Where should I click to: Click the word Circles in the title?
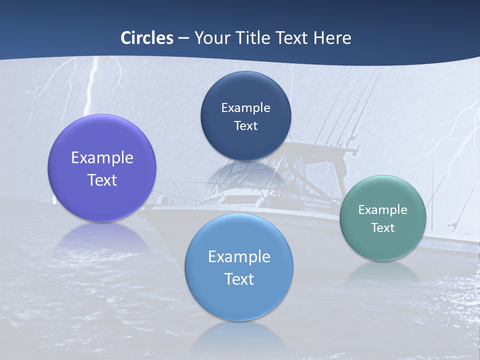pyautogui.click(x=147, y=38)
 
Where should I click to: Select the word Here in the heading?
pyautogui.click(x=332, y=38)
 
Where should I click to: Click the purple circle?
pyautogui.click(x=102, y=200)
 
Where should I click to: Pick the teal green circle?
pyautogui.click(x=383, y=245)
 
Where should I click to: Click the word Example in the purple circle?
pyautogui.click(x=102, y=158)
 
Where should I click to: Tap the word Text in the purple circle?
pyautogui.click(x=102, y=180)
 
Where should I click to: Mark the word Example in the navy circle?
pyautogui.click(x=245, y=108)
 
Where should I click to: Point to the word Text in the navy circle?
pyautogui.click(x=245, y=126)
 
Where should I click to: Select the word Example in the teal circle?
pyautogui.click(x=383, y=210)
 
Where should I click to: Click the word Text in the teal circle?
pyautogui.click(x=383, y=228)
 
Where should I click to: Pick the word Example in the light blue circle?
pyautogui.click(x=239, y=257)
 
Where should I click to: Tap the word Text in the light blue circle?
pyautogui.click(x=239, y=279)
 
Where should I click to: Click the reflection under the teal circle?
pyautogui.click(x=383, y=272)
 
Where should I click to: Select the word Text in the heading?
pyautogui.click(x=292, y=38)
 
